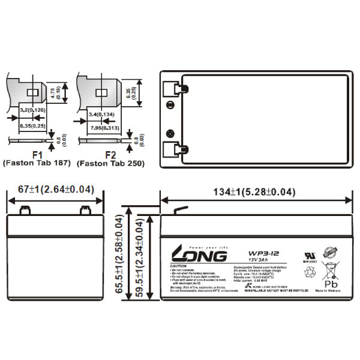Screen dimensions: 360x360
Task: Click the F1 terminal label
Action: click(x=37, y=154)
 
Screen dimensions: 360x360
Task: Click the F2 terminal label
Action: click(x=110, y=154)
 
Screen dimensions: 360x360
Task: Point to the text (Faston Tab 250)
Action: click(x=110, y=163)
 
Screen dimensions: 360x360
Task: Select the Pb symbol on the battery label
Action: click(x=330, y=283)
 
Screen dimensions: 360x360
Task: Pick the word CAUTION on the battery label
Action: click(x=179, y=266)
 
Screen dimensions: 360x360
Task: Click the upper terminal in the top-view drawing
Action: click(x=176, y=89)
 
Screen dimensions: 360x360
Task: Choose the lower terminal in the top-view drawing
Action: click(x=176, y=148)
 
